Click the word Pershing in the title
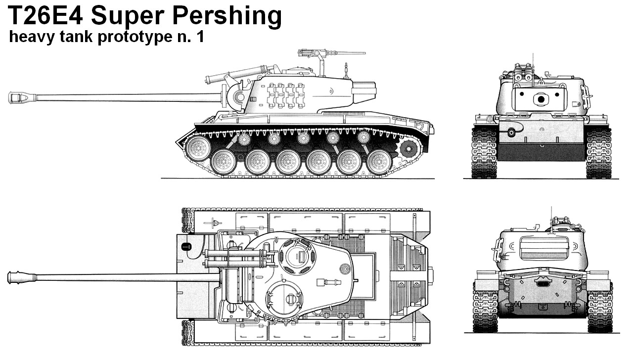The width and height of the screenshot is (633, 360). coord(227,16)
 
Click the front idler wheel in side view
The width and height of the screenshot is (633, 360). coord(198,148)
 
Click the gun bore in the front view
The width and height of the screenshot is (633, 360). coord(541,99)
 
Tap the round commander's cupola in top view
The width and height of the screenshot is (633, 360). coord(297,256)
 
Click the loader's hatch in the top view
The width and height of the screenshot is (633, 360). coord(284,300)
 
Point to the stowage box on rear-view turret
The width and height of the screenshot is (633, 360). coord(544,248)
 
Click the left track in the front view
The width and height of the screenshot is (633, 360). coord(484,153)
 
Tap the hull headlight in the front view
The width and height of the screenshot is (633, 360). coord(511,132)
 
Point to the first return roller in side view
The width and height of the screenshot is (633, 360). coord(244,139)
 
